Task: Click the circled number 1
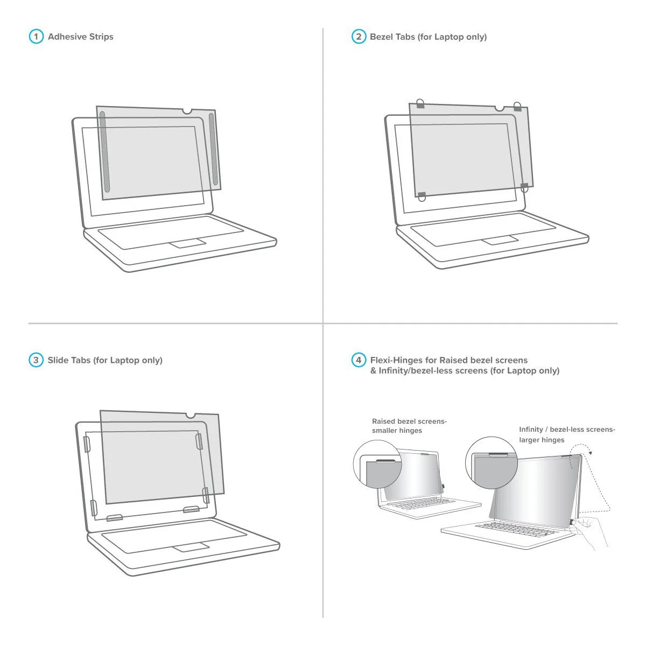[x=36, y=37]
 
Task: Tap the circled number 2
[x=359, y=37]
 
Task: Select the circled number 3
[x=36, y=360]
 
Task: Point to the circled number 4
[x=359, y=360]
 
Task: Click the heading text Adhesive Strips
[x=80, y=37]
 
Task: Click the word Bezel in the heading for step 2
[x=381, y=37]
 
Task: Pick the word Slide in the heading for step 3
[x=57, y=360]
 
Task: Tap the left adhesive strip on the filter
[x=105, y=153]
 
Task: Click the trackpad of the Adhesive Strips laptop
[x=188, y=242]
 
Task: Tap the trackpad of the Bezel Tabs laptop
[x=500, y=240]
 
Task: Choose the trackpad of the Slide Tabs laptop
[x=191, y=547]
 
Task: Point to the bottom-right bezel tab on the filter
[x=524, y=186]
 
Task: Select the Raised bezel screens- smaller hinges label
[x=409, y=426]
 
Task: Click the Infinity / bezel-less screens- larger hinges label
[x=566, y=434]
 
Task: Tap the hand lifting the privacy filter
[x=592, y=530]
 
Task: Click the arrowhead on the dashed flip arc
[x=590, y=453]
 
